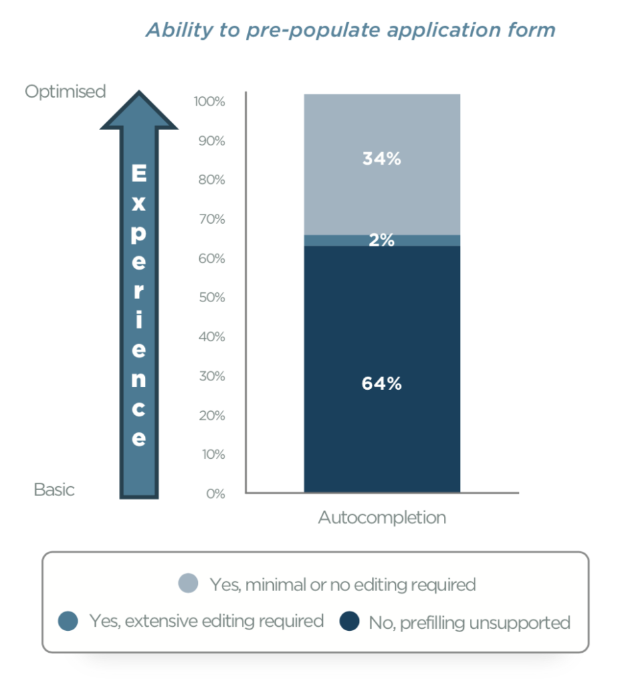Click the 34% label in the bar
[381, 159]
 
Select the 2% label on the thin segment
[381, 241]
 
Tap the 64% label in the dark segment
[381, 384]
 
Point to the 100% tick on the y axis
[209, 102]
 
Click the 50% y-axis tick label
[211, 297]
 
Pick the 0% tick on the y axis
[215, 493]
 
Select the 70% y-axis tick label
[211, 219]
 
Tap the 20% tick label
[211, 416]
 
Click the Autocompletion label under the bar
[381, 517]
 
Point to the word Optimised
[65, 92]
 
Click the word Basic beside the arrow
[54, 490]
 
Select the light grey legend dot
[189, 584]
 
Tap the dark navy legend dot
[350, 622]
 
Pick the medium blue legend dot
[67, 621]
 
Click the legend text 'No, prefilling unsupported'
[469, 622]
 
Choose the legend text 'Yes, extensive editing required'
[205, 621]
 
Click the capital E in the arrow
[138, 175]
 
